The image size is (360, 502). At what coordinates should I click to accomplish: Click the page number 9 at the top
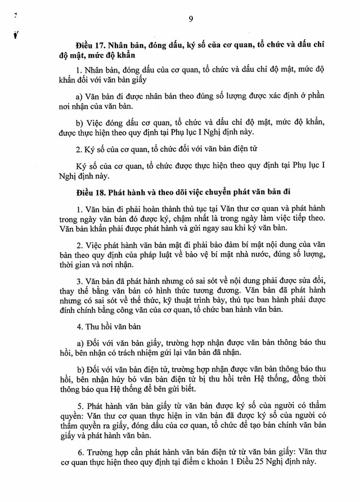[x=191, y=19]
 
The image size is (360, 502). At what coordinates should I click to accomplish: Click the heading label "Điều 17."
[x=91, y=44]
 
